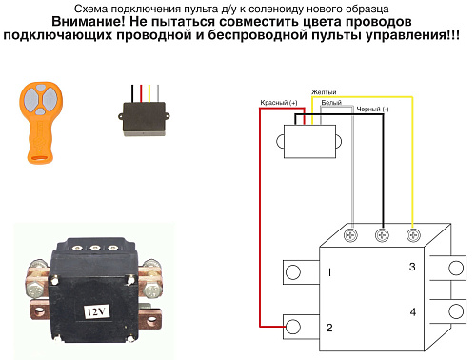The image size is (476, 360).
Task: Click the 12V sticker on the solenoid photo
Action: (97, 310)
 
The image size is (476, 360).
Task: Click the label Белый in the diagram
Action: (332, 102)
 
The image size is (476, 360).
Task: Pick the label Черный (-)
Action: (372, 110)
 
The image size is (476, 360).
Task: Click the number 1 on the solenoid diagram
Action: (328, 273)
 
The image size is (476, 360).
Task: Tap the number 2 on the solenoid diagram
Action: (328, 328)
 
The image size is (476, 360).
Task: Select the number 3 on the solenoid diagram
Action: (412, 268)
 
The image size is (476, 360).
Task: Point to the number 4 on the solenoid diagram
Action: (412, 312)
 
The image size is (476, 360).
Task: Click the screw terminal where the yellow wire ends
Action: (413, 234)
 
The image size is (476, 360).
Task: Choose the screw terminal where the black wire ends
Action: (383, 234)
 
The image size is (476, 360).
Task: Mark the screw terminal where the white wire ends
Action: (352, 234)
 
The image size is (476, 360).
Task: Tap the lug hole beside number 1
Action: (292, 273)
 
